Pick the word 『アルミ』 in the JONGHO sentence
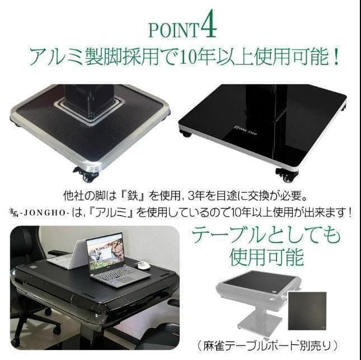[x=120, y=213]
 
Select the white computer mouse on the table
[x=144, y=265]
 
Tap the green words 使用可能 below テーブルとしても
[x=266, y=257]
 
